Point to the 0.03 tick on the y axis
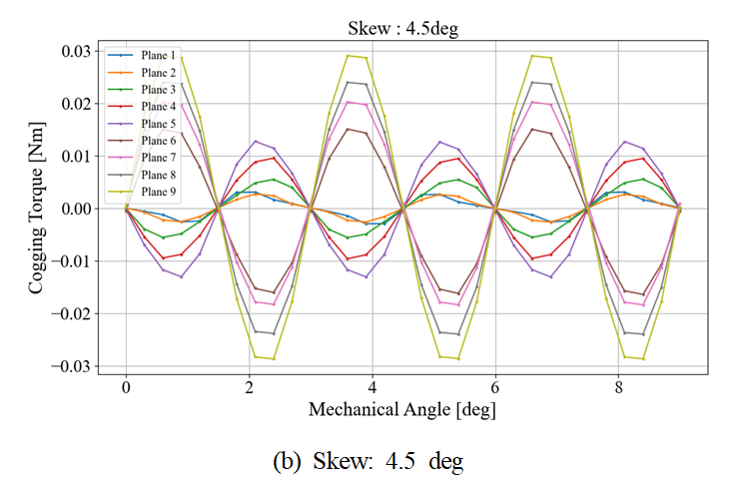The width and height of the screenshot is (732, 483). (x=74, y=51)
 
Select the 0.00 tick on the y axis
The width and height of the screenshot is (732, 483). (x=74, y=209)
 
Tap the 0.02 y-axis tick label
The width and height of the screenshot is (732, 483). (x=74, y=104)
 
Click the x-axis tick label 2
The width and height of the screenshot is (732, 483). (x=249, y=386)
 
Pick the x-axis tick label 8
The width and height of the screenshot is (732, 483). (x=618, y=386)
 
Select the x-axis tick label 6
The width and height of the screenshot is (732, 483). (x=495, y=386)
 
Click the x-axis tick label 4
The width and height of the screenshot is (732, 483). (x=372, y=386)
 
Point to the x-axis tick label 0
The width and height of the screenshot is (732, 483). (x=126, y=386)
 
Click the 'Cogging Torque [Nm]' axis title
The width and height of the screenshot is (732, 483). (x=37, y=210)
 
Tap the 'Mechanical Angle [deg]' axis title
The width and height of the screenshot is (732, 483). (x=402, y=409)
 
